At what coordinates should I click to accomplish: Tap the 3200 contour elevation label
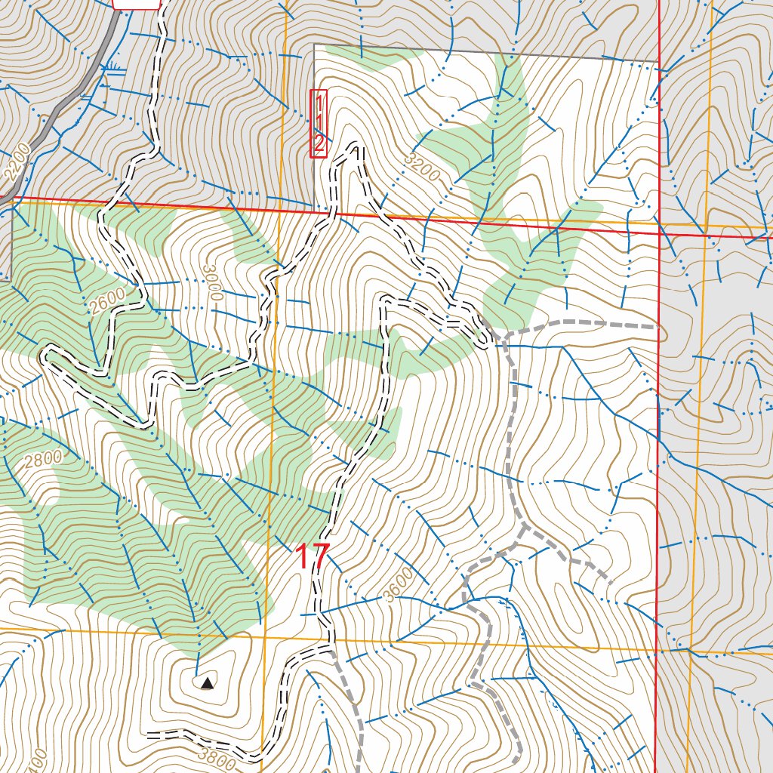coord(421,165)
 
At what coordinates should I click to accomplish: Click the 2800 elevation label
coord(42,459)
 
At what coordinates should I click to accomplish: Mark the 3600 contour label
coord(399,585)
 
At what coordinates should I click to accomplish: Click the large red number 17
coord(312,557)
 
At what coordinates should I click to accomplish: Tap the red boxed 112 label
coord(319,124)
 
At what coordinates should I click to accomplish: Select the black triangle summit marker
coord(206,683)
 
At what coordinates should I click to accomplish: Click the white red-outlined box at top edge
coord(137,4)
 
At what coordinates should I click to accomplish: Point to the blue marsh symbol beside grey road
coord(115,67)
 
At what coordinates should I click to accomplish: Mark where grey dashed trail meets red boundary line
coord(658,327)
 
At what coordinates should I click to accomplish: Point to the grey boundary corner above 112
coord(314,45)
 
